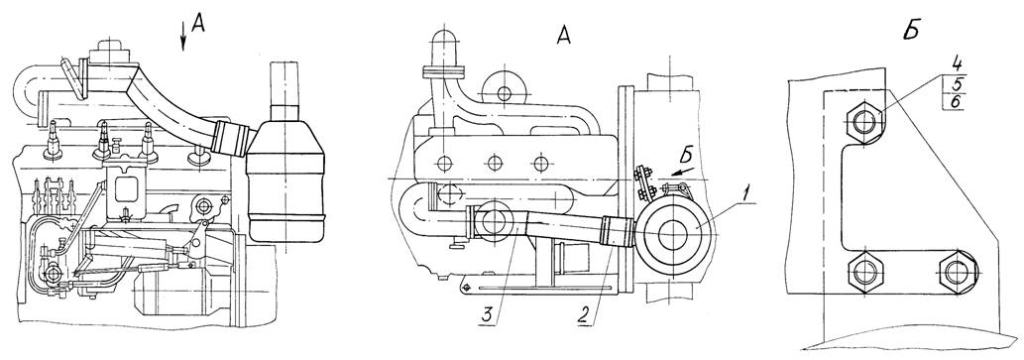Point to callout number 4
click(956, 66)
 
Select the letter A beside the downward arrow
click(200, 24)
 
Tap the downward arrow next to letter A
click(183, 35)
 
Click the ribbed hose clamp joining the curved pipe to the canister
click(233, 138)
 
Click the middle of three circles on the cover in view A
click(496, 163)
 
